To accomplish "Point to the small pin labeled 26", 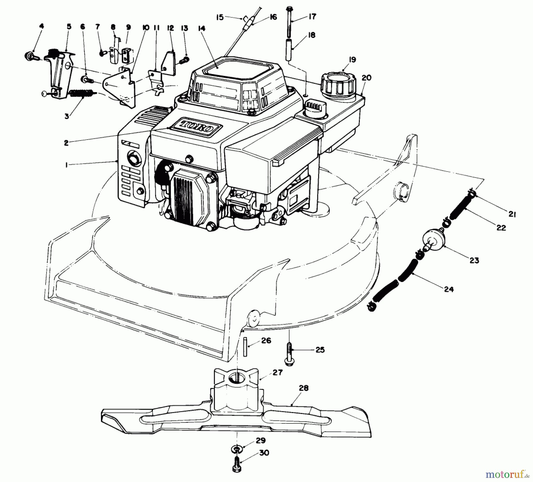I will pyautogui.click(x=245, y=347).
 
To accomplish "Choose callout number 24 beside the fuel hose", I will pyautogui.click(x=449, y=289).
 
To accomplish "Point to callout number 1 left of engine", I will pyautogui.click(x=66, y=165).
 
